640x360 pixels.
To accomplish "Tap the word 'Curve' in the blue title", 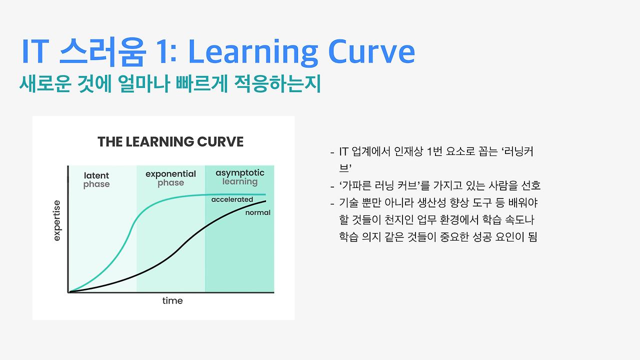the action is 371,51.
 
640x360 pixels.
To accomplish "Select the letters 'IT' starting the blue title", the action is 35,51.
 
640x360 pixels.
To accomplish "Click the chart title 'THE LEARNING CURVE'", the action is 170,141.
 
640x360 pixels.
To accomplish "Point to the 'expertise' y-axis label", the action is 57,220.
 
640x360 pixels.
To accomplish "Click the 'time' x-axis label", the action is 172,300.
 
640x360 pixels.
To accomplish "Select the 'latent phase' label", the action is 96,180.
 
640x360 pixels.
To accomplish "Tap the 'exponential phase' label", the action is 171,178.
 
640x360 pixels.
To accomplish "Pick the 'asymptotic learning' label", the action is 240,177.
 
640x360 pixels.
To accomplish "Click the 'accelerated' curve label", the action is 232,199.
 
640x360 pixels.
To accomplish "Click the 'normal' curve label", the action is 258,212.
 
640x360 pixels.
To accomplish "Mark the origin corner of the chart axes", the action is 68,292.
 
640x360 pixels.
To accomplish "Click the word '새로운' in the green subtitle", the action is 45,84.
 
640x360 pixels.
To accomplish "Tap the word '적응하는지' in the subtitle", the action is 277,84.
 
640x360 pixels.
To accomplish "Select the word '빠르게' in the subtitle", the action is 202,84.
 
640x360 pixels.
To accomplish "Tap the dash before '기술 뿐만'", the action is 332,203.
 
